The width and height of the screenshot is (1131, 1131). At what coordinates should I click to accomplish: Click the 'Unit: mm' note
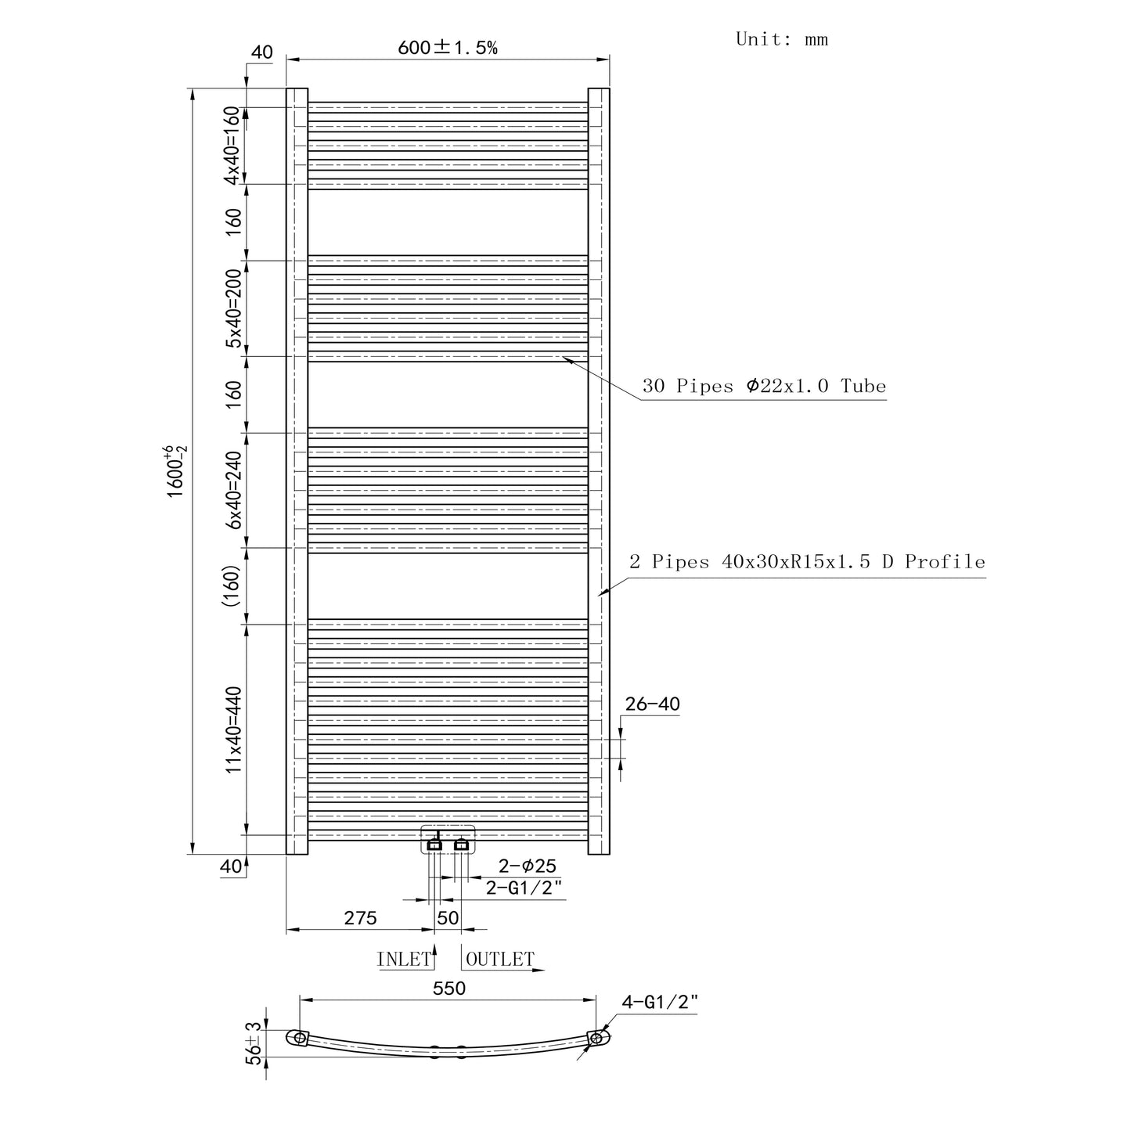[782, 39]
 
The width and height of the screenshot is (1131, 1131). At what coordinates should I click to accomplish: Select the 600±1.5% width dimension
[447, 48]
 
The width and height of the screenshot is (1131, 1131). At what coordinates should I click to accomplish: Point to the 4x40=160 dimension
[233, 146]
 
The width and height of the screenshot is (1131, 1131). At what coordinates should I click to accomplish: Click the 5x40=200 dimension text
[233, 308]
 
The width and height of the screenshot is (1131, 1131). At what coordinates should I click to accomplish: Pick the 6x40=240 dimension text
[233, 490]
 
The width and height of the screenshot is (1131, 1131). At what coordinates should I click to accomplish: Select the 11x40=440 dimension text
[233, 729]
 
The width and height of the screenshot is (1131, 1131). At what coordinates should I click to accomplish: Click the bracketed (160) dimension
[231, 585]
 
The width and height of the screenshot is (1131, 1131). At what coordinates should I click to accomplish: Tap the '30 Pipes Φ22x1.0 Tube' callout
[764, 386]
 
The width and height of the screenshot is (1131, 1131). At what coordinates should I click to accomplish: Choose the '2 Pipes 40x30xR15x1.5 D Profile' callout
[807, 562]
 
